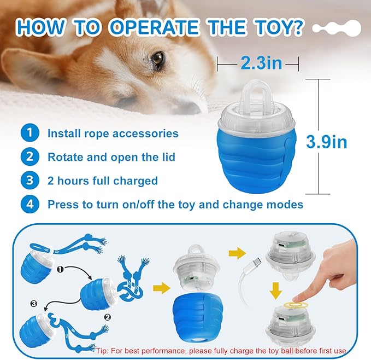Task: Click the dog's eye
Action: [157, 59]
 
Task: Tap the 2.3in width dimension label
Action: [261, 63]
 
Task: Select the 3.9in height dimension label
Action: [326, 142]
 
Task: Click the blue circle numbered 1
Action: [30, 133]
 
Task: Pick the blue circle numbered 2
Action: [30, 157]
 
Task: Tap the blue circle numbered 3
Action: [30, 181]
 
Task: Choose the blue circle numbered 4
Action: [30, 205]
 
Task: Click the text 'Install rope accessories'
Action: [113, 133]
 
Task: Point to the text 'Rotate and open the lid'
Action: [111, 158]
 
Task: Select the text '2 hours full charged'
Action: [103, 181]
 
